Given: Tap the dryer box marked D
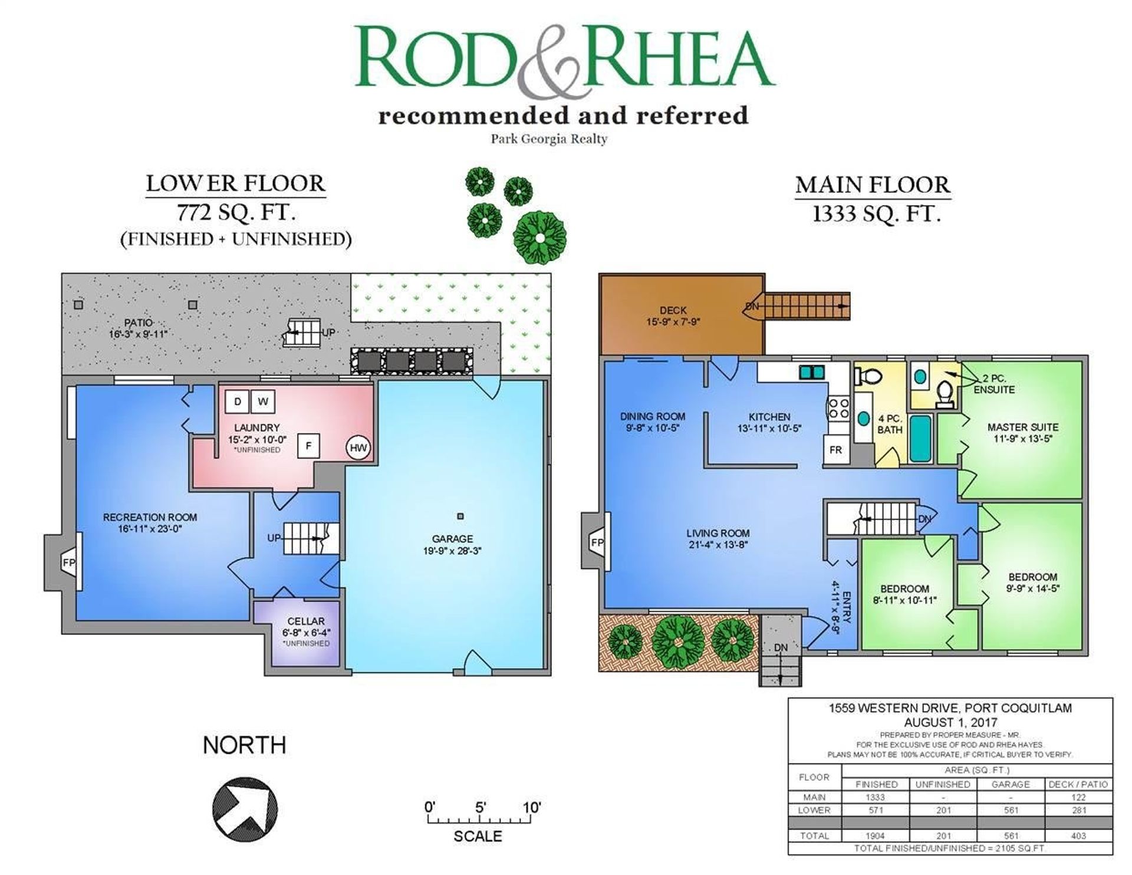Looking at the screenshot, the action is [x=238, y=402].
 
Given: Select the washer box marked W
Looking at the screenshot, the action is [x=263, y=402].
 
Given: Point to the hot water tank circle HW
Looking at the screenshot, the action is [x=358, y=448].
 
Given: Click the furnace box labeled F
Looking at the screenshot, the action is [x=308, y=446].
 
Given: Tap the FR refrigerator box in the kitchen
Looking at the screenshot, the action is [x=835, y=450].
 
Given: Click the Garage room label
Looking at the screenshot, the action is [x=452, y=538].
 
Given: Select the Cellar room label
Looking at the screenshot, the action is [x=306, y=621].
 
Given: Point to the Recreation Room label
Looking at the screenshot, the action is [x=150, y=517].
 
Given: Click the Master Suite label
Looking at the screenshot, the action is [x=1023, y=427].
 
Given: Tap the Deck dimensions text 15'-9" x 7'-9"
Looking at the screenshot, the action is [x=673, y=322].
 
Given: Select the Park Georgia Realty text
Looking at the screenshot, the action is [x=549, y=139].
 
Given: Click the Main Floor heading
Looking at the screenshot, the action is [x=873, y=185].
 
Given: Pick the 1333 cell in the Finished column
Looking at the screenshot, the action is [x=876, y=797].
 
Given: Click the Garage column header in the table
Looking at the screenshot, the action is [x=1011, y=784].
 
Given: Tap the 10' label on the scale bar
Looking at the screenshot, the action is [x=531, y=807].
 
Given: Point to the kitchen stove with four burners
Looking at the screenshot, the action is [x=838, y=408].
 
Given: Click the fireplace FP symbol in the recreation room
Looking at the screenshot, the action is [x=69, y=562].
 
